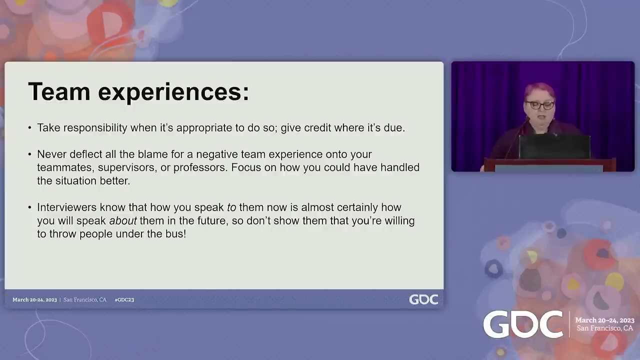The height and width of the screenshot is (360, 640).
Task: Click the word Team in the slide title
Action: pos(59,91)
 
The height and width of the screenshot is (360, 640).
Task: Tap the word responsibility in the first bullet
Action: pos(95,128)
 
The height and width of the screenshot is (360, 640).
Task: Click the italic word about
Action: pos(123,220)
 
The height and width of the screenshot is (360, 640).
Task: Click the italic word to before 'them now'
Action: pos(231,207)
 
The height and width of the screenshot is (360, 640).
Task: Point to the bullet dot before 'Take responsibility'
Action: pos(29,127)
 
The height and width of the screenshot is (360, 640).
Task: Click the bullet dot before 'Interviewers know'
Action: pos(29,207)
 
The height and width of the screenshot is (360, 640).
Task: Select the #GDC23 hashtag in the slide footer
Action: pos(124,299)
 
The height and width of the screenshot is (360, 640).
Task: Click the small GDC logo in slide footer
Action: pos(423,299)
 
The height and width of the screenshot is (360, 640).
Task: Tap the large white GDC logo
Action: pos(523,325)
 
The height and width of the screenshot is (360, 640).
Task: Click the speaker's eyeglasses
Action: pos(539,105)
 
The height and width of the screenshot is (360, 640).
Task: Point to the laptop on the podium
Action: pos(554,147)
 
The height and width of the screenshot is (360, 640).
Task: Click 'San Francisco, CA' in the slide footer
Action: pos(85,299)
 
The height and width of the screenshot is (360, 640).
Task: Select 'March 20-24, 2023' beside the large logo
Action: pos(604,320)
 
